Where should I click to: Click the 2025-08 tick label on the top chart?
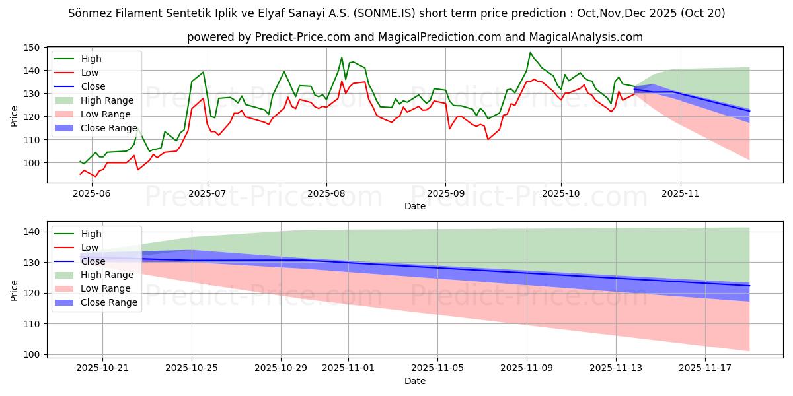pyautogui.click(x=326, y=193)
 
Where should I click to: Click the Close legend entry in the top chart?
pyautogui.click(x=93, y=86)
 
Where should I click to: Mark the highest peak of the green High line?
pyautogui.click(x=530, y=53)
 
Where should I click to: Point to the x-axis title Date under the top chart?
pyautogui.click(x=414, y=206)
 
